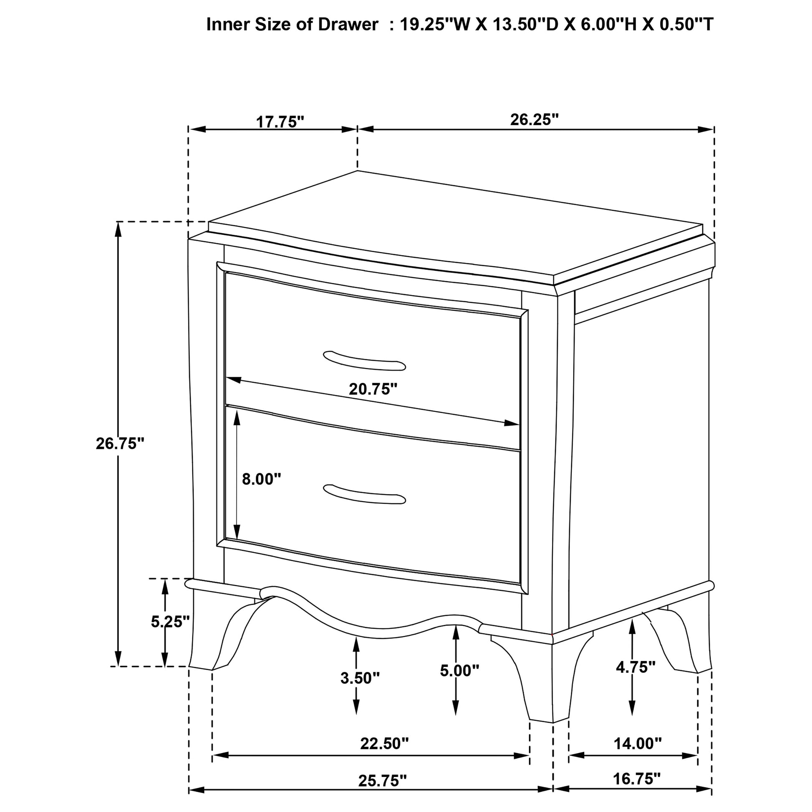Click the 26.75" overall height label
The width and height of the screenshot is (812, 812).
coord(120,444)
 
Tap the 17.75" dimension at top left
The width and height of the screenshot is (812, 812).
coord(280,122)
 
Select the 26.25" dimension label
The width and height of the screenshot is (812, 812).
coord(535,120)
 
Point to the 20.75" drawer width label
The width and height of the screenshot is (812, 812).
coord(373,389)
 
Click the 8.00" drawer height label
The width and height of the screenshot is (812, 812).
coord(262,479)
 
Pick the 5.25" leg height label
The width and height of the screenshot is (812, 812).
coord(170,622)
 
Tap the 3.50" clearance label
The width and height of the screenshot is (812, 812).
coord(360,678)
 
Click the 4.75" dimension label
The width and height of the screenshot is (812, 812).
coord(636,666)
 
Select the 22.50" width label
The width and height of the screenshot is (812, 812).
coord(385,744)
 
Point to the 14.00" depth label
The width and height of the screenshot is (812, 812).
coord(638,744)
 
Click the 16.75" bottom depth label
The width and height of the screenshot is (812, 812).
coord(637,779)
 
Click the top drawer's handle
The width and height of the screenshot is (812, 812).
coord(364,361)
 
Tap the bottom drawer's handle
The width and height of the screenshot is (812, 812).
coord(364,494)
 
